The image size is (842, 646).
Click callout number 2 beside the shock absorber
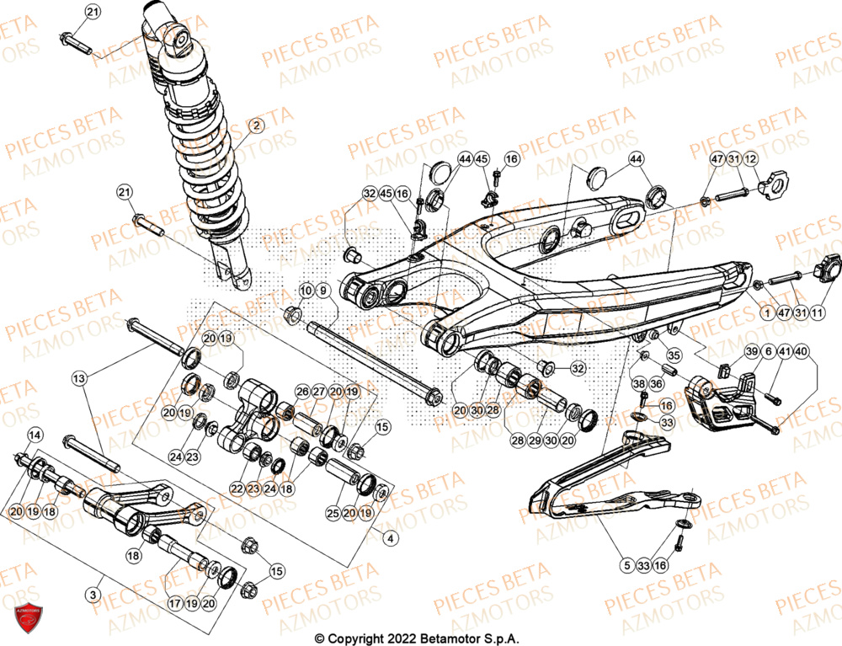[x=256, y=125]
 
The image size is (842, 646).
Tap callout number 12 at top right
[x=750, y=158]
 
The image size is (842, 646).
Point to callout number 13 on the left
[x=79, y=380]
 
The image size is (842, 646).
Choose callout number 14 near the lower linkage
[x=35, y=435]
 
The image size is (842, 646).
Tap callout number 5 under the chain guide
[x=626, y=565]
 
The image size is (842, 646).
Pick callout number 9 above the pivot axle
[x=323, y=291]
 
